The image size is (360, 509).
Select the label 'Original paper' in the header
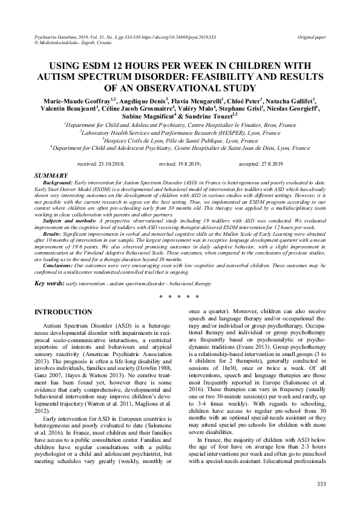(x=311, y=37)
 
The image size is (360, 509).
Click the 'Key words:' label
(x=50, y=284)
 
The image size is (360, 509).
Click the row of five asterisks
(x=179, y=297)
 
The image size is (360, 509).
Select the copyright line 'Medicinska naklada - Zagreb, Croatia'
(x=73, y=44)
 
